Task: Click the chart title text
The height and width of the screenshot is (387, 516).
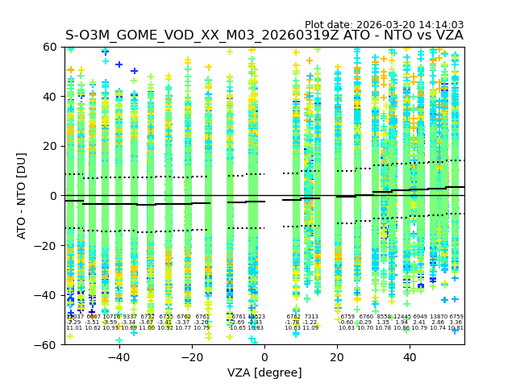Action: click(264, 35)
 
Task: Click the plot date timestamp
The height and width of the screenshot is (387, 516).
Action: click(384, 25)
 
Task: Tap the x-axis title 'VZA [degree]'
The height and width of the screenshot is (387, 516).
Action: click(264, 372)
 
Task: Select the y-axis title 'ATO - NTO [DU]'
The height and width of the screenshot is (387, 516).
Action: click(22, 196)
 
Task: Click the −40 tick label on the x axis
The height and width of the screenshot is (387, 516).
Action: click(119, 356)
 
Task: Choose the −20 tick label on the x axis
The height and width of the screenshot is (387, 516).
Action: click(191, 356)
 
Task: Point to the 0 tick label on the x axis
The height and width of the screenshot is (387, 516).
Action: click(264, 356)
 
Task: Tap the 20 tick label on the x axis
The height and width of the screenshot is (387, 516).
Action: click(337, 356)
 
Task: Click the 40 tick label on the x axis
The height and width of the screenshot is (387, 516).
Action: click(410, 356)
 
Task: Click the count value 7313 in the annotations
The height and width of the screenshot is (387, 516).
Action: click(311, 317)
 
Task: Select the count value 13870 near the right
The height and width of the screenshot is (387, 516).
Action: click(438, 317)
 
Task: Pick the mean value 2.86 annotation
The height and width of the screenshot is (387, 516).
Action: click(438, 322)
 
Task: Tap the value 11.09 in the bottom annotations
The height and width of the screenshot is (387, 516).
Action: click(311, 328)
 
